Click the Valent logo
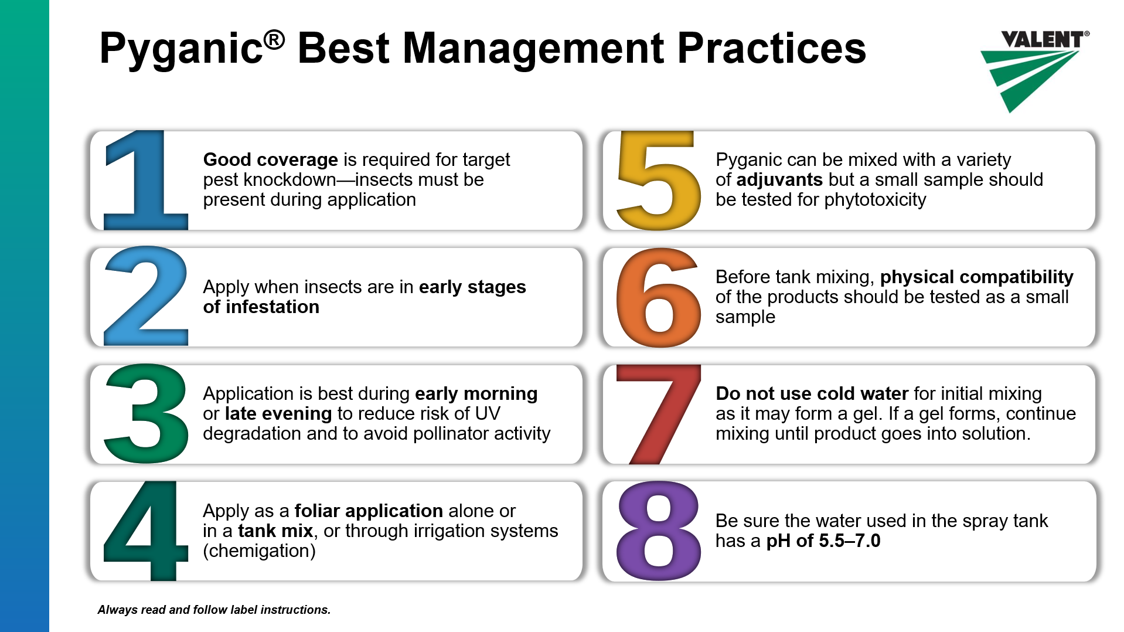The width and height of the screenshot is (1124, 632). coord(1034,71)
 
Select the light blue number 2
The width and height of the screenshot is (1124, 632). coord(146,296)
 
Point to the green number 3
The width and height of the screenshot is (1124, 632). coord(146,413)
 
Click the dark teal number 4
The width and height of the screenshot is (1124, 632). coord(146,531)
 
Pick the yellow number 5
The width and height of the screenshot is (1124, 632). coord(659,181)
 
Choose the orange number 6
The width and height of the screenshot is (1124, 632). coord(659,297)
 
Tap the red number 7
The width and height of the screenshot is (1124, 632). coord(659,414)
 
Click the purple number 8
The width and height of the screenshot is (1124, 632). coord(659,531)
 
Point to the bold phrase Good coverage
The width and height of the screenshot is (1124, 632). coord(270,160)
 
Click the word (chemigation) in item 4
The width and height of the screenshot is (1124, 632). coord(259,551)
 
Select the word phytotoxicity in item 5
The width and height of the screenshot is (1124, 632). coord(875,200)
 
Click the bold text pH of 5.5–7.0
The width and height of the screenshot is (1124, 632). coord(823,541)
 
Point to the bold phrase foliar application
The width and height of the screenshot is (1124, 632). coord(369,511)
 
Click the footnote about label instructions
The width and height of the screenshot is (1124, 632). coord(214,610)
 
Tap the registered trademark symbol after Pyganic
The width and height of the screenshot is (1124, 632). coord(274,40)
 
